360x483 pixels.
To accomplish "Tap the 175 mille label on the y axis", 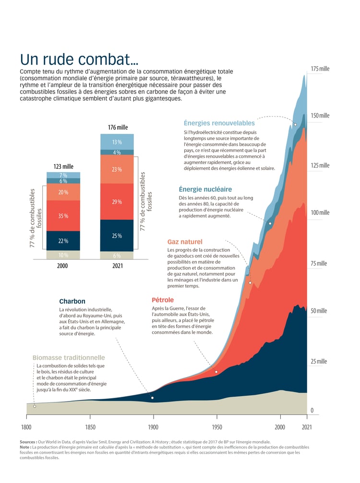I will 320,69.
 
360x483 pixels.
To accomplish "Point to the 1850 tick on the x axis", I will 90,427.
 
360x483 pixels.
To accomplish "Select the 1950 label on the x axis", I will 217,427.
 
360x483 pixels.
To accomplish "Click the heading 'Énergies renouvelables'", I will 219,123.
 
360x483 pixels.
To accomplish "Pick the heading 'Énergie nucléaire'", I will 205,189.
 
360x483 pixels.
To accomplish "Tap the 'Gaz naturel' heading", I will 185,242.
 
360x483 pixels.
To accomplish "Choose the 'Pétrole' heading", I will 163,300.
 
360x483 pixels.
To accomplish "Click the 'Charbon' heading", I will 72,302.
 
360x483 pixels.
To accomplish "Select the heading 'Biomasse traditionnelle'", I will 69,357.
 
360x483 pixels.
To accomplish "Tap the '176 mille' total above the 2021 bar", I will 118,128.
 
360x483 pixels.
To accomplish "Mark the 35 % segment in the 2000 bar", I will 63,216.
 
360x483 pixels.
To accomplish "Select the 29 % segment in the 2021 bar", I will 117,202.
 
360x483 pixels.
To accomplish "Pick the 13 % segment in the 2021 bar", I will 117,142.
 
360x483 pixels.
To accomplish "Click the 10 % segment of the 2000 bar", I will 63,255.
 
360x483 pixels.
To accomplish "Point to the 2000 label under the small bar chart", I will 63,266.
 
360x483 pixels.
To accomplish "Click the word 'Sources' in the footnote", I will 28,442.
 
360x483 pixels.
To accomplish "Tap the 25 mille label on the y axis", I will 319,361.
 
